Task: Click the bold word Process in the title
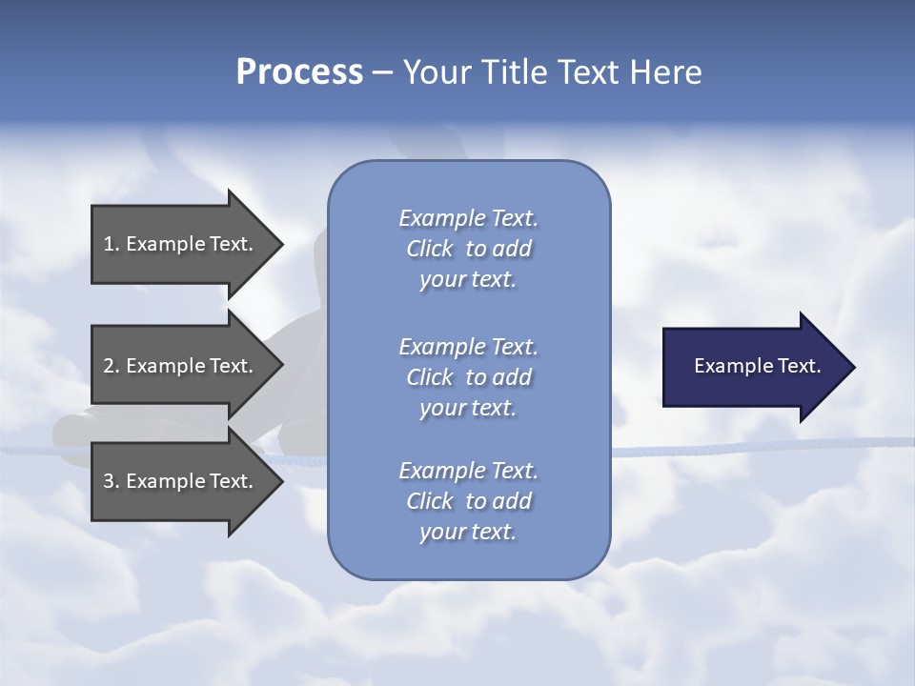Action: coord(299,72)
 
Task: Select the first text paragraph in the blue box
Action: coord(468,249)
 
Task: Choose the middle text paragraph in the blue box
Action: coord(468,377)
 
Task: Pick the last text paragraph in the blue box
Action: coord(468,501)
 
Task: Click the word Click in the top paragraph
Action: coord(430,249)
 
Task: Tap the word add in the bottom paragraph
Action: coord(512,501)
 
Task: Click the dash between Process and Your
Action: coord(382,72)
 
